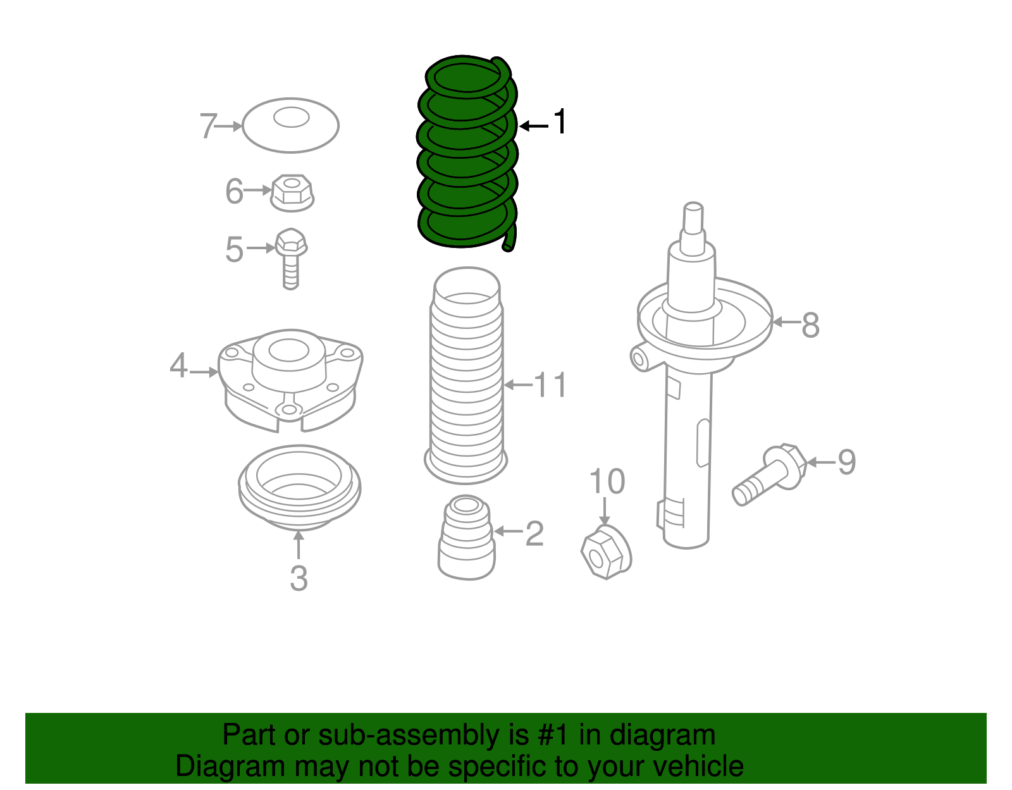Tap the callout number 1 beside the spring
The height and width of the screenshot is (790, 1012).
click(560, 121)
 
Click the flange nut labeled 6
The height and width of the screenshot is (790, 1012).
click(292, 192)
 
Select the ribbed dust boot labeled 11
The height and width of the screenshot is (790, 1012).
click(467, 380)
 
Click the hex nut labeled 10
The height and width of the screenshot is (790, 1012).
click(605, 552)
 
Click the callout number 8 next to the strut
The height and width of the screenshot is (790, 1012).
click(810, 325)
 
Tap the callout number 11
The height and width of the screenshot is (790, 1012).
click(550, 385)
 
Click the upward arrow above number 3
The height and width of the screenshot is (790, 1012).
click(299, 545)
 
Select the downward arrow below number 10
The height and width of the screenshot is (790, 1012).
click(605, 511)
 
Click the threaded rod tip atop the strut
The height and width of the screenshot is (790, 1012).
click(693, 218)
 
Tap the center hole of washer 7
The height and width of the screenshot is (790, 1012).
click(292, 117)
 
